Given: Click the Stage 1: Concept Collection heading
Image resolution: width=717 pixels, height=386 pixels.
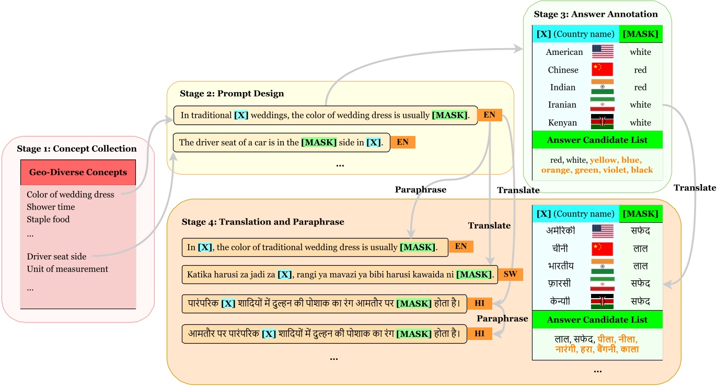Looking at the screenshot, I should (76, 149).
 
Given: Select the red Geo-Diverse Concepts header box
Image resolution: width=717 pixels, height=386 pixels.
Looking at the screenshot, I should (78, 172).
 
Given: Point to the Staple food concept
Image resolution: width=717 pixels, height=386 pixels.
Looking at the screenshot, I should (48, 219).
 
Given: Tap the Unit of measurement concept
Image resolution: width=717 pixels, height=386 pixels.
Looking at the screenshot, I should (67, 269).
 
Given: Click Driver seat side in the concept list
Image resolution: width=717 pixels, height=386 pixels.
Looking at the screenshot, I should (56, 256).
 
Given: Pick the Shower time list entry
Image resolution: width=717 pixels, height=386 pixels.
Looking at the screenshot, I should (51, 207).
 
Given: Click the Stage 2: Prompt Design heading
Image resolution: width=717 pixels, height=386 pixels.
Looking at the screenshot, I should (232, 94).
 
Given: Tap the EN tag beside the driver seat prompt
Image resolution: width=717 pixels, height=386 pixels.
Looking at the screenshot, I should (402, 142).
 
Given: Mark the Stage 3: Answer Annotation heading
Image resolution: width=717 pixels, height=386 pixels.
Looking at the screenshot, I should (595, 14).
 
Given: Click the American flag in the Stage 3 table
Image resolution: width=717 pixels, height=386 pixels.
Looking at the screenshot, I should (603, 52).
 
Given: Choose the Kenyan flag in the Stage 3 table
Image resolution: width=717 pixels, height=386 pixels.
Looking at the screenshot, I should (603, 122).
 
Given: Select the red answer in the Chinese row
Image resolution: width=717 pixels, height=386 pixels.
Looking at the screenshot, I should (640, 70).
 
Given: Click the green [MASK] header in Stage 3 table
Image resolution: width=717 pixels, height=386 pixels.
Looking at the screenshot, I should (640, 34).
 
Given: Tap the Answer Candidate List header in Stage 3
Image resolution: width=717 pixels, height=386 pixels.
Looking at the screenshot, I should (597, 140).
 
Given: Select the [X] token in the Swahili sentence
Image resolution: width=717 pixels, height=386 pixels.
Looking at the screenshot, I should (284, 274).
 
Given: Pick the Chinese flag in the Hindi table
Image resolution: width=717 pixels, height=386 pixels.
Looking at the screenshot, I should (603, 248).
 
